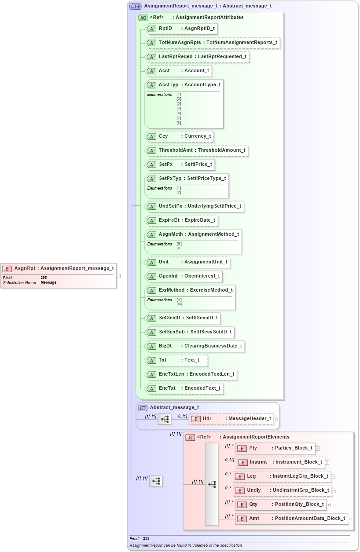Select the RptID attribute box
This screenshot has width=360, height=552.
(181, 29)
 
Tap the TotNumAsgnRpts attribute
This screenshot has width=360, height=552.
(213, 43)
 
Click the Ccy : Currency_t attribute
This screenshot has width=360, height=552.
(180, 136)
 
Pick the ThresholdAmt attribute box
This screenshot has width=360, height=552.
(197, 150)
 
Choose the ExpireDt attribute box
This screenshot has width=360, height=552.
(182, 220)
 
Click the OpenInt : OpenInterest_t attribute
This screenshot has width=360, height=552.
(184, 276)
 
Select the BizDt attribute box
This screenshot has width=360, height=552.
(195, 346)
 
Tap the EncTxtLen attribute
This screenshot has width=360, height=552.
(191, 374)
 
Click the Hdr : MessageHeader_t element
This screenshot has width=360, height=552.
(231, 419)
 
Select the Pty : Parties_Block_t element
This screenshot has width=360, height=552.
(275, 448)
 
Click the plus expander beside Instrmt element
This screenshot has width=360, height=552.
(327, 463)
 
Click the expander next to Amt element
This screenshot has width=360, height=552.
(350, 519)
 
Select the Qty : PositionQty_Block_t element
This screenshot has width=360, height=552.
(281, 504)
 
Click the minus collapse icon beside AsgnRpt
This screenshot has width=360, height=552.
(118, 276)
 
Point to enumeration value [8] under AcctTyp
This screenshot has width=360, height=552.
(179, 123)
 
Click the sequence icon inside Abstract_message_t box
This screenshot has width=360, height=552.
(165, 419)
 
